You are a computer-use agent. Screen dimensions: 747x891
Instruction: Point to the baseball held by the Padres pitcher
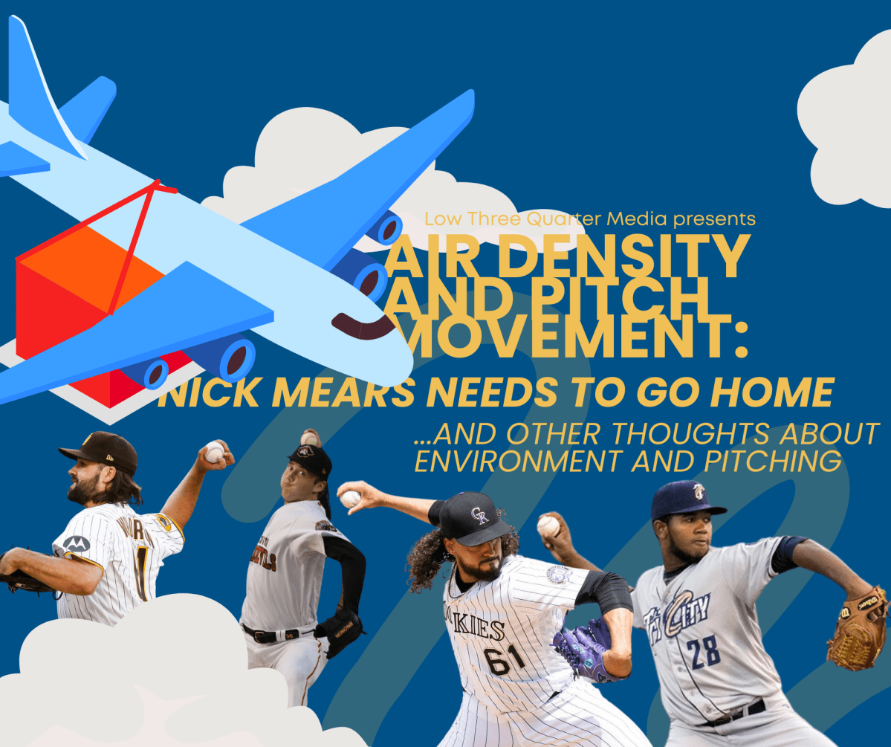click(215, 451)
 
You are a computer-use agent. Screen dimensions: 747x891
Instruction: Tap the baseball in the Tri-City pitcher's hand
click(548, 526)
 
